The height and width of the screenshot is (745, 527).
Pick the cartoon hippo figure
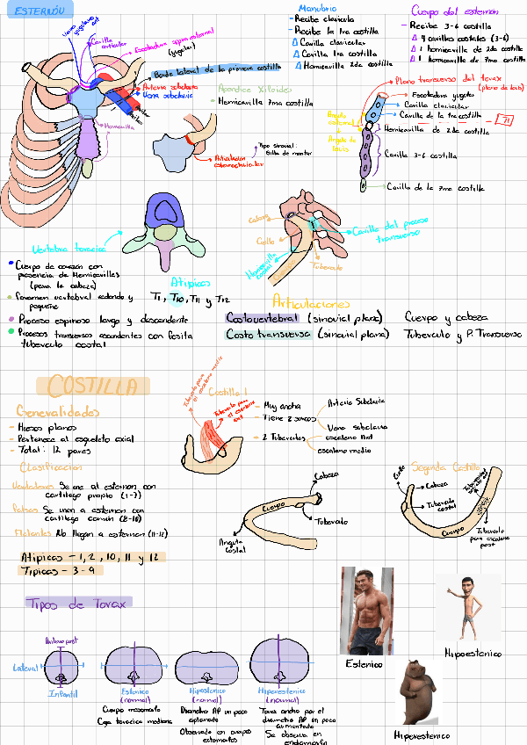(419, 692)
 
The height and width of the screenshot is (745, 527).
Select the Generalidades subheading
(58, 411)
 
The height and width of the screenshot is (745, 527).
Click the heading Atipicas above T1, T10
(191, 283)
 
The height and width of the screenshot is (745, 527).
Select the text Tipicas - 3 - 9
(59, 570)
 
